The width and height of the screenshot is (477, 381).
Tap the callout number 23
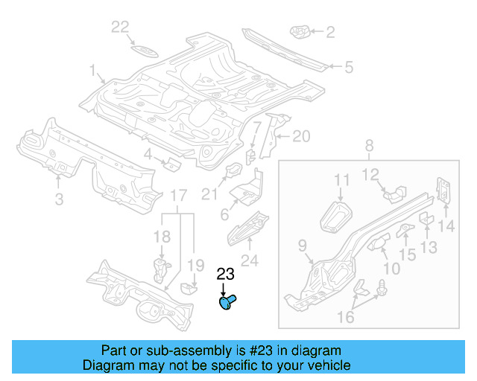pos(225,274)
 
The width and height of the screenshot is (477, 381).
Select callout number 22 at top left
pos(120,28)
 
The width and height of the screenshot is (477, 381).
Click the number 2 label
pos(329,31)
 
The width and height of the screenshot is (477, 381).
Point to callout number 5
pos(347,68)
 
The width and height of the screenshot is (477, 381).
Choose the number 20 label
pos(300,135)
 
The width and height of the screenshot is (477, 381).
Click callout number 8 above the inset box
pos(370,146)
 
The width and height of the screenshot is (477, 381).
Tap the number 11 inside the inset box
pos(341,179)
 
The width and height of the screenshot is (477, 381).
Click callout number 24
pos(250,260)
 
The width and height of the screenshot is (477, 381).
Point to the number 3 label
pos(59,198)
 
